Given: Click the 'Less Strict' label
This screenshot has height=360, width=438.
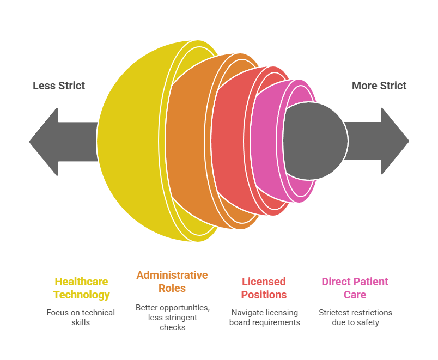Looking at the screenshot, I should pos(59,86).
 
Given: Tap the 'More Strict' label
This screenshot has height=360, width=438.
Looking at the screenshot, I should pos(379,86).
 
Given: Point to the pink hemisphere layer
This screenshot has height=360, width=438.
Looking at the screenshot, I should pos(267,142).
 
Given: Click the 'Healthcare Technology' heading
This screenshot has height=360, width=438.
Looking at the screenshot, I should pos(81,288).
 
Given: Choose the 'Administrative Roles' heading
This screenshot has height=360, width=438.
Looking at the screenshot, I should pos(172,281).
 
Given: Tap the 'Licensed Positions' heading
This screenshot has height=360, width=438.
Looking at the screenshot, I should pos(264,288).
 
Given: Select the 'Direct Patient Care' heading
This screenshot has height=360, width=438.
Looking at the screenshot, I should pos(355,288).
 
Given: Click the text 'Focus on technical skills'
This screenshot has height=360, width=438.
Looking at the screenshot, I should pos(81,317).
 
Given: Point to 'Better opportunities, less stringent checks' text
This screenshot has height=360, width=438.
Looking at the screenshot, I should pos(172,317).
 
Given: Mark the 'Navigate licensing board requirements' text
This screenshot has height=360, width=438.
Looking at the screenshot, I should pos(264,317).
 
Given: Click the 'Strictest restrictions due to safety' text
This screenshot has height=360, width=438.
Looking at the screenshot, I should pos(355,317).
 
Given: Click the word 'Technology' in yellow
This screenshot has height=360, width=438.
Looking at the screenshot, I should pos(81,295).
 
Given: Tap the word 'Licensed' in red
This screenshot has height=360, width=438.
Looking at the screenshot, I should pos(264,282).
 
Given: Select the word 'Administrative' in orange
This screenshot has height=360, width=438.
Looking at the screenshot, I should pos(172,274).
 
